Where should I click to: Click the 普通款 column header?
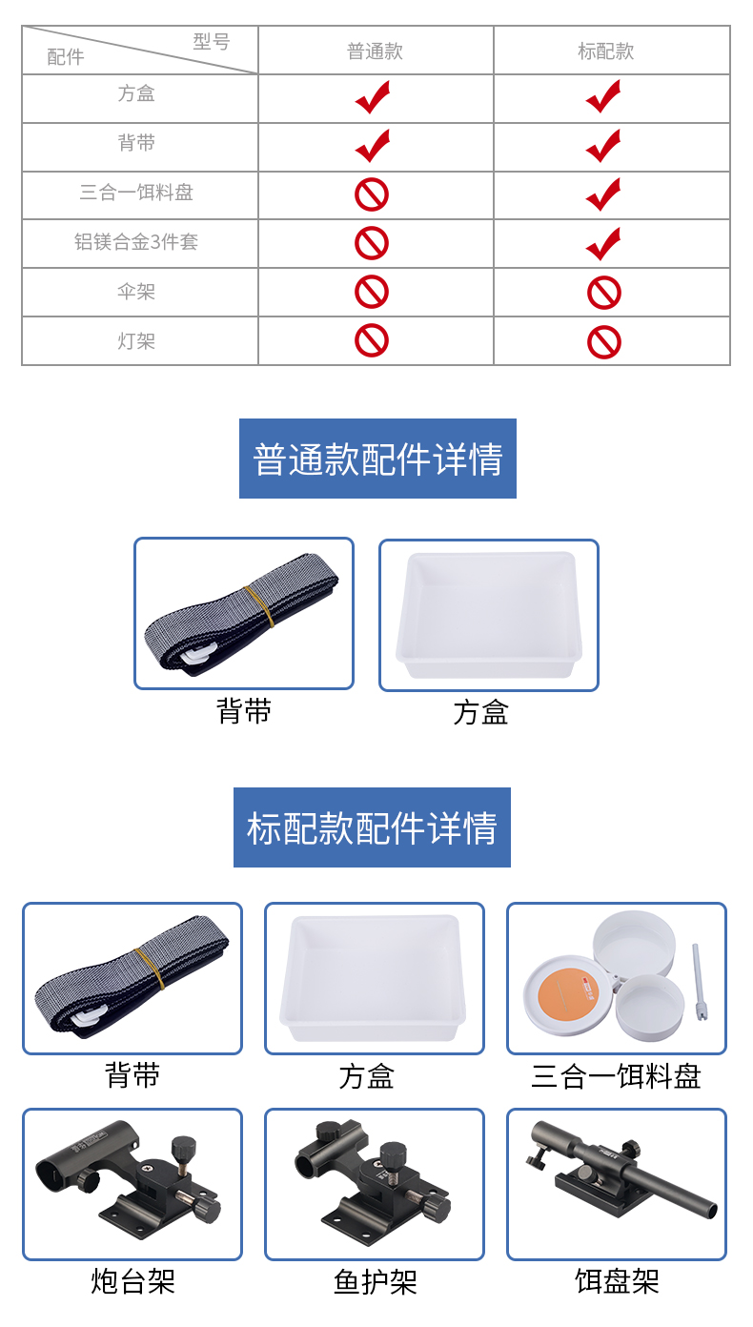tap(375, 51)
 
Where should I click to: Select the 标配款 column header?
tap(605, 51)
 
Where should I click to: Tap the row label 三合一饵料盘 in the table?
tap(136, 192)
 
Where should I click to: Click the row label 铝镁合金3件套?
tap(136, 242)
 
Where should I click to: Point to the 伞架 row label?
tap(136, 292)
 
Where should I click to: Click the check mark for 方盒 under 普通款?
tap(373, 97)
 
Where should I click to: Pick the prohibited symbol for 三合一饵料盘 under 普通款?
tap(372, 194)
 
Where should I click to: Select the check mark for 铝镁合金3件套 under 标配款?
tap(603, 244)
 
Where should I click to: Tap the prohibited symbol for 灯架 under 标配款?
tap(604, 342)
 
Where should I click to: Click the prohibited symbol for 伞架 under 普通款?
tap(372, 292)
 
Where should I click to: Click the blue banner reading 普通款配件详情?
tap(377, 459)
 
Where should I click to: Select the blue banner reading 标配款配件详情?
tap(372, 827)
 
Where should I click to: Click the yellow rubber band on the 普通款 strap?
tap(259, 606)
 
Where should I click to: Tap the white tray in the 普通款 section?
tap(489, 614)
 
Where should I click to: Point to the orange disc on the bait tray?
tap(569, 995)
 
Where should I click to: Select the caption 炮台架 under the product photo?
tap(132, 1282)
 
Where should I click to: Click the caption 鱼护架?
tap(375, 1282)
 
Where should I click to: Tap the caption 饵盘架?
tap(617, 1282)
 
